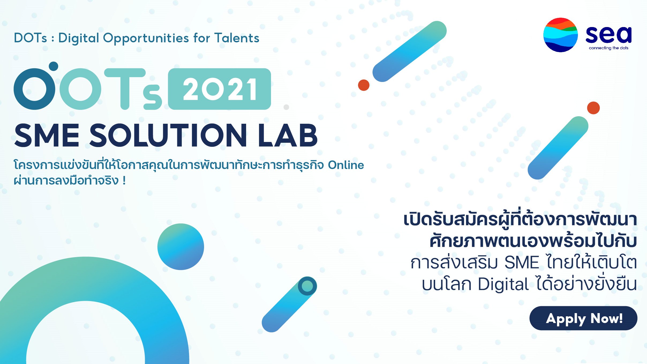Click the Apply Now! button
[x=583, y=318]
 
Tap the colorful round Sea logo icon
[x=561, y=35]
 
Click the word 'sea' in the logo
[x=608, y=35]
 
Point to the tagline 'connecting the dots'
[x=608, y=48]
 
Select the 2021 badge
[x=220, y=89]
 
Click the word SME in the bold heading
[x=47, y=136]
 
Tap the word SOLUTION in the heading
[x=168, y=136]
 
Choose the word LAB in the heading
[x=288, y=136]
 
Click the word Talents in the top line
[x=237, y=38]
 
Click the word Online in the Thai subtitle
[x=346, y=165]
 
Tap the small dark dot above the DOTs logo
[x=54, y=66]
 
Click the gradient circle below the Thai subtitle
[x=181, y=247]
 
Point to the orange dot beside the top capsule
[x=364, y=85]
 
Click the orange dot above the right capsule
[x=593, y=108]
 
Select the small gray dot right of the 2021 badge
[x=286, y=107]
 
